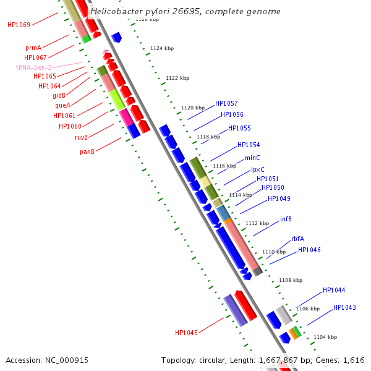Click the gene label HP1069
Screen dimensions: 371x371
point(19,25)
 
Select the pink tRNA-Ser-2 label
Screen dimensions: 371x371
point(33,67)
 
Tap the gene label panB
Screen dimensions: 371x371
point(87,151)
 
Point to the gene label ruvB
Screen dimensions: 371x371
point(82,137)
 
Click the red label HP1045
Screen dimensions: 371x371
point(186,333)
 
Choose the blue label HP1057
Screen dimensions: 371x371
point(226,103)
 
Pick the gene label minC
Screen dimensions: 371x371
point(252,158)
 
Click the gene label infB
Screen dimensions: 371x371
point(286,219)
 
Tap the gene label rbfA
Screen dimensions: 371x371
point(297,239)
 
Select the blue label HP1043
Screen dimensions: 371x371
point(344,307)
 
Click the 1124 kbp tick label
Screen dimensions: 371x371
point(162,48)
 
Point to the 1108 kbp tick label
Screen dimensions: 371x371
point(290,280)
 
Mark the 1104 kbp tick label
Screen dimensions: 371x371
point(325,337)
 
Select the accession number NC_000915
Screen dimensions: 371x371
point(67,360)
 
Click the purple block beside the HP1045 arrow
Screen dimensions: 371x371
point(235,310)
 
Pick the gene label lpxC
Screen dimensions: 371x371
point(258,169)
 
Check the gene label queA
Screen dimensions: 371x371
point(63,105)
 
